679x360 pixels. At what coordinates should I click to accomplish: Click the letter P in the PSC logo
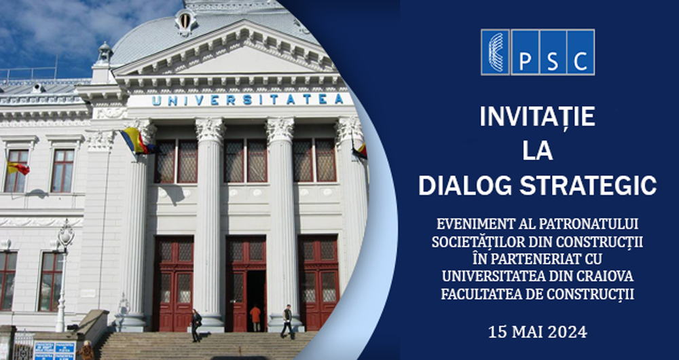pyautogui.click(x=524, y=53)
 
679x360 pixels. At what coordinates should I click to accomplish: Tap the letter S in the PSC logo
pyautogui.click(x=553, y=53)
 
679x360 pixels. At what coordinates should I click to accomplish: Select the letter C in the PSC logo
pyautogui.click(x=581, y=53)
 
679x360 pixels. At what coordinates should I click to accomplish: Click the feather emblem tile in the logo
pyautogui.click(x=496, y=52)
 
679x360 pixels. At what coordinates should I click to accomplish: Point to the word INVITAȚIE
pyautogui.click(x=537, y=117)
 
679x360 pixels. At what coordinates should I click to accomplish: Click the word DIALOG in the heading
pyautogui.click(x=466, y=185)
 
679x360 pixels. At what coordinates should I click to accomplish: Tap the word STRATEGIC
pyautogui.click(x=588, y=185)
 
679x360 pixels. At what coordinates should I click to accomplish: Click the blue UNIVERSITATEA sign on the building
pyautogui.click(x=248, y=100)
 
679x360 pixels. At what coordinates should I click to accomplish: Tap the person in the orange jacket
pyautogui.click(x=255, y=318)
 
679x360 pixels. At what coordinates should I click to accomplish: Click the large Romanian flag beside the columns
pyautogui.click(x=136, y=141)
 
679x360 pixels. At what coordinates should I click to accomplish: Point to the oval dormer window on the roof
pyautogui.click(x=185, y=20)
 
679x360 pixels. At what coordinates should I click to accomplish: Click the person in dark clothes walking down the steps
pyautogui.click(x=196, y=325)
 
